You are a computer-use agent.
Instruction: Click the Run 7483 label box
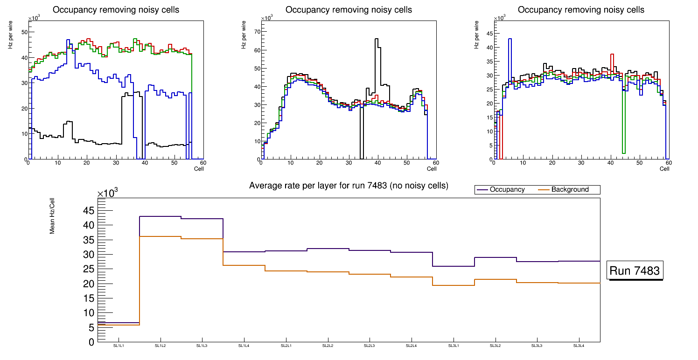635,271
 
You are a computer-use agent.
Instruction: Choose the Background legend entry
570,190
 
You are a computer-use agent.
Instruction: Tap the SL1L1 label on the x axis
119,346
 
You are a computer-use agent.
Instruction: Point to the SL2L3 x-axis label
369,346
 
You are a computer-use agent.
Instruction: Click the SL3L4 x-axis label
579,346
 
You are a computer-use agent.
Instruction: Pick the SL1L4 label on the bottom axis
244,346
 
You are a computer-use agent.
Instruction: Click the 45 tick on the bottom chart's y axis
88,211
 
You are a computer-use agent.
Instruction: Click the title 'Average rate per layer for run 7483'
349,186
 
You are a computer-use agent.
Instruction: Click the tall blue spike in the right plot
510,42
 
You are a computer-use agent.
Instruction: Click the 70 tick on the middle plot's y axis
256,32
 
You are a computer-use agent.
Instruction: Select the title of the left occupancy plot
116,10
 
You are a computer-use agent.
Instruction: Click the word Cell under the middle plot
431,168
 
